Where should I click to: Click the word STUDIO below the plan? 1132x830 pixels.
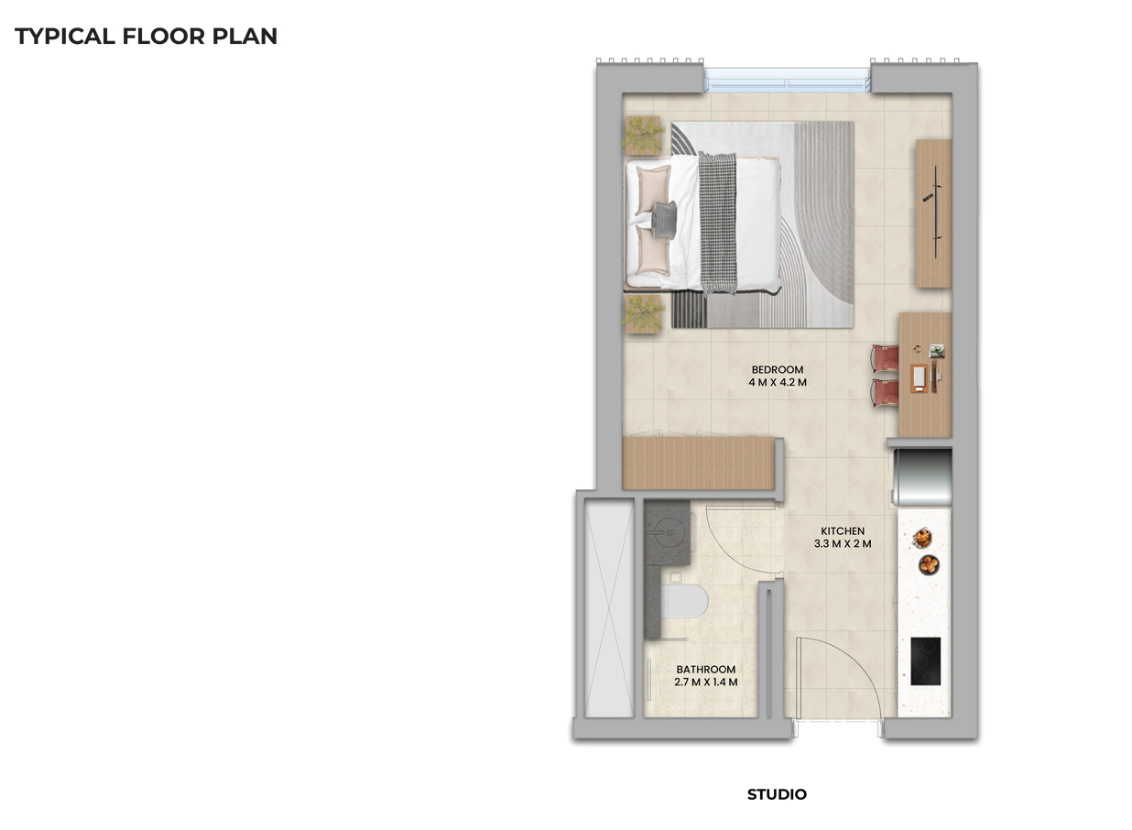[777, 794]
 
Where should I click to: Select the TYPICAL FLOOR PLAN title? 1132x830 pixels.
[147, 37]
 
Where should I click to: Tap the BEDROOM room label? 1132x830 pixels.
[778, 369]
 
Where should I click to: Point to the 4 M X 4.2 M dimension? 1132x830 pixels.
[778, 382]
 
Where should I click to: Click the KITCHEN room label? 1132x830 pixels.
[842, 531]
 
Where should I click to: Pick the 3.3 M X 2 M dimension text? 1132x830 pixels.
[842, 544]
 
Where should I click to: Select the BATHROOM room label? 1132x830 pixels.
[706, 670]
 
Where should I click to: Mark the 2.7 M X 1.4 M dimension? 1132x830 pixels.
[706, 683]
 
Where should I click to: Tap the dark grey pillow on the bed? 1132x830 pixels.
[663, 219]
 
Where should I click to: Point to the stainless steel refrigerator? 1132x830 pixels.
[923, 475]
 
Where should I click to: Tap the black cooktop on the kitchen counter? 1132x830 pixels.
[926, 661]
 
